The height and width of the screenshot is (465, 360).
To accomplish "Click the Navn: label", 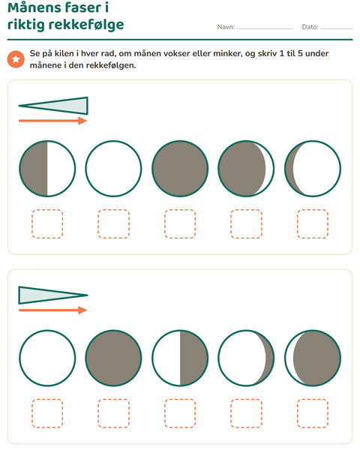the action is (226, 27).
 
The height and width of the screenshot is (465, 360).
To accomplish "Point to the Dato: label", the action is (310, 27).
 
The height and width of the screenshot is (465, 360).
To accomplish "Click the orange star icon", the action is (16, 59).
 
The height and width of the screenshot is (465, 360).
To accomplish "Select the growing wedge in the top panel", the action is (53, 106).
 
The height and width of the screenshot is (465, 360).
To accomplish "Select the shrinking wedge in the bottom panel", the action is (53, 295).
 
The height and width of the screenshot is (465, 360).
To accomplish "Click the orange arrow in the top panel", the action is (52, 121).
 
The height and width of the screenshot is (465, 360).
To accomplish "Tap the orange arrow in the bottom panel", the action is (52, 310).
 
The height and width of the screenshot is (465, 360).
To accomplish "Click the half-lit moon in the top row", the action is (47, 169).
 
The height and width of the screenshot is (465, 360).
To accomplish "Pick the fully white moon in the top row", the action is (113, 169).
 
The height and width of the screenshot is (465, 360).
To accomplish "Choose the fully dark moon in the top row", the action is (180, 169).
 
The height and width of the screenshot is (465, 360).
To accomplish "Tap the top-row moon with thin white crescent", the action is (246, 169).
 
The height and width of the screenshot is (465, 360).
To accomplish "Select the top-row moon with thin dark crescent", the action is (313, 169).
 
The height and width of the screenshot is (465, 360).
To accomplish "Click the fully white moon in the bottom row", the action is (47, 358).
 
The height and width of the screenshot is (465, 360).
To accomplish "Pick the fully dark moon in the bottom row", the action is (113, 358).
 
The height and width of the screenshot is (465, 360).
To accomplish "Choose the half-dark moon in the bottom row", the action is (180, 358).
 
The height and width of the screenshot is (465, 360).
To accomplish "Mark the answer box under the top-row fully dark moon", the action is (180, 224).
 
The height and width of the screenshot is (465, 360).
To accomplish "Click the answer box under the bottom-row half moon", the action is (180, 413).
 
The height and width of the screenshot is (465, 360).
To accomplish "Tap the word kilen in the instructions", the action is (63, 54).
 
